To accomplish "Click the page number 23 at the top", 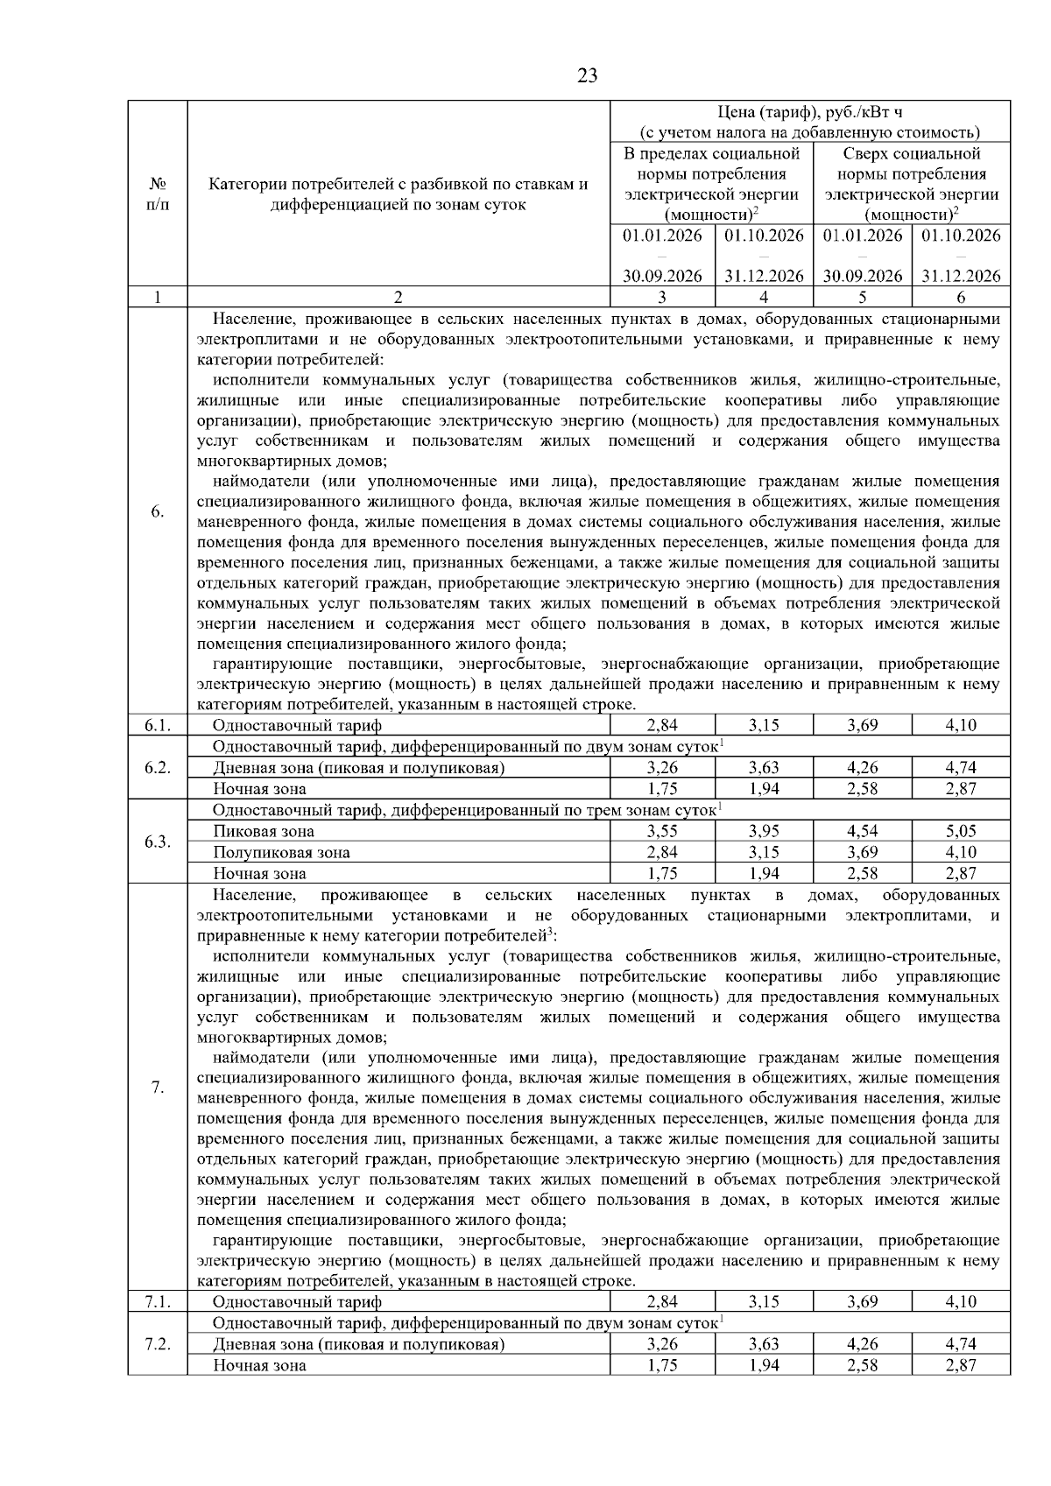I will (x=588, y=75).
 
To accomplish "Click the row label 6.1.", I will (x=157, y=725).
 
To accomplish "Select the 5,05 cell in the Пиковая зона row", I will (x=960, y=831).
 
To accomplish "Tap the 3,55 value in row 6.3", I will (x=662, y=831).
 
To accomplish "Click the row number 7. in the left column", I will (x=157, y=1088).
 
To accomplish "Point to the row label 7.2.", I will (x=157, y=1344).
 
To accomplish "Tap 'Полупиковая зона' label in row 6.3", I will (x=281, y=852).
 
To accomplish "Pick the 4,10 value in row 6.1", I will (x=960, y=725).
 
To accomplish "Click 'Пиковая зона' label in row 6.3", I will (x=264, y=831).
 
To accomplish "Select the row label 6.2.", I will (x=157, y=767).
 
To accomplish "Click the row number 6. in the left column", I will (x=157, y=511).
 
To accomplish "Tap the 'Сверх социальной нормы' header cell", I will (x=911, y=184).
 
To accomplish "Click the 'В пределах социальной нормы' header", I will (x=711, y=184).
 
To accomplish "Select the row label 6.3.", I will (x=157, y=842).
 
